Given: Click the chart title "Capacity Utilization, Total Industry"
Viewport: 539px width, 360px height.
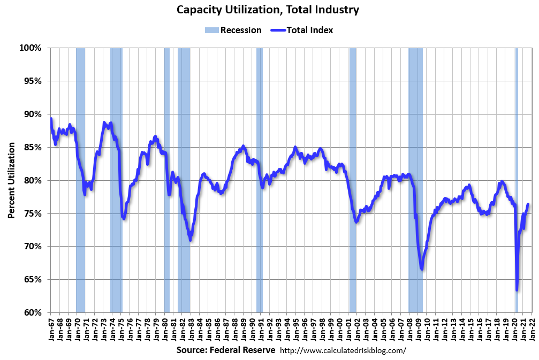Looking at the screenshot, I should pyautogui.click(x=268, y=10).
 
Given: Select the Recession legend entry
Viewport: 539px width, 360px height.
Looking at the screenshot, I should pyautogui.click(x=233, y=30).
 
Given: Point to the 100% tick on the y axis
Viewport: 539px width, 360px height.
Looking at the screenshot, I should pyautogui.click(x=31, y=48).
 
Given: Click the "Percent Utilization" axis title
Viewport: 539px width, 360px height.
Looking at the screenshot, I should pyautogui.click(x=11, y=180).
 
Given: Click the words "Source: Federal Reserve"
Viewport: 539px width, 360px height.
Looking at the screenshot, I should pyautogui.click(x=225, y=350).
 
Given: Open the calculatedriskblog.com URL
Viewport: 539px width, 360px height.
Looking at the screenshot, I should pyautogui.click(x=343, y=350).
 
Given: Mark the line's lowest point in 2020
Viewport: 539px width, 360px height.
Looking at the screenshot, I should pyautogui.click(x=517, y=290).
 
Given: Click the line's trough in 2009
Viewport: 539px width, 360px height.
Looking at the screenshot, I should pyautogui.click(x=422, y=269).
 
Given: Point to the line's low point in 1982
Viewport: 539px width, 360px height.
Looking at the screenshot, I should pyautogui.click(x=190, y=239).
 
